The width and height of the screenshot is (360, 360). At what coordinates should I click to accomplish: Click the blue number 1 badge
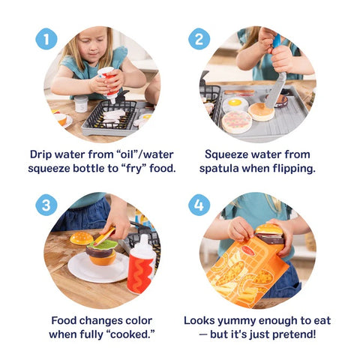[46, 38]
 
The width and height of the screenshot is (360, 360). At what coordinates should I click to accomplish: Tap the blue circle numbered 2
[199, 38]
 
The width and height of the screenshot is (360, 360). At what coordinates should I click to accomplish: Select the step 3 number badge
[46, 205]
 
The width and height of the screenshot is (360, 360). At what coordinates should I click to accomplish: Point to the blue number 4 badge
[199, 205]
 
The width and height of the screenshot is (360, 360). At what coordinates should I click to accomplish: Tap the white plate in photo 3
[94, 270]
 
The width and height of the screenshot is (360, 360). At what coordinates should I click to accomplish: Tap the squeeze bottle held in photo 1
[110, 83]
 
